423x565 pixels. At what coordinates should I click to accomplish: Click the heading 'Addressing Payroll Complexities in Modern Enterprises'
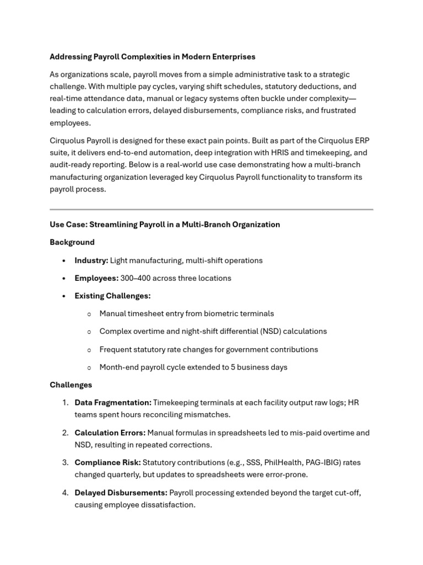coord(153,57)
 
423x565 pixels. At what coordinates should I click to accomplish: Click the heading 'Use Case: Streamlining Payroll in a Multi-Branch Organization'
coord(165,225)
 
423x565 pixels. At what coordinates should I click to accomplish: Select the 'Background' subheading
coord(72,242)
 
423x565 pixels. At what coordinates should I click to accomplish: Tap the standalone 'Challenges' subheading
coord(71,385)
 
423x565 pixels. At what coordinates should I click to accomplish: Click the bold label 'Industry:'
coord(91,260)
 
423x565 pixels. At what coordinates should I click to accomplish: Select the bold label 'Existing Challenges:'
coord(112,296)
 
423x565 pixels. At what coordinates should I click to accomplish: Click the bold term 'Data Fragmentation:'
coord(113,403)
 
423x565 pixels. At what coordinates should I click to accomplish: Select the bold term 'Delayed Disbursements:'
coord(121,493)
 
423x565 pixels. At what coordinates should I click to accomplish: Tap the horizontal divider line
coord(211,210)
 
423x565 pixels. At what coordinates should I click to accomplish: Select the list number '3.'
coord(65,462)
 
